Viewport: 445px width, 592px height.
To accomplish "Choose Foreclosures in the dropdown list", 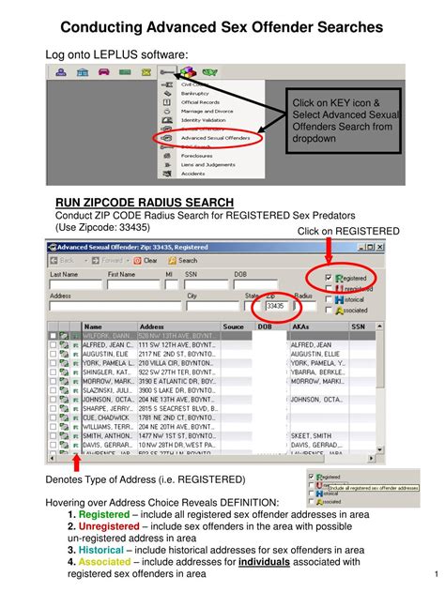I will [x=198, y=155].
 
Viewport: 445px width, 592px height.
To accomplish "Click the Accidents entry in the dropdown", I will [x=194, y=174].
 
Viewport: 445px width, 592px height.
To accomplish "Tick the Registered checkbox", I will [x=328, y=279].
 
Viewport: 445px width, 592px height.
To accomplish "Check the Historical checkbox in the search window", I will [x=328, y=298].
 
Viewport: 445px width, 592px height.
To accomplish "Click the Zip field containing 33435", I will [x=275, y=306].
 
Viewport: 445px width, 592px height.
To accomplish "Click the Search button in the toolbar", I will [x=182, y=260].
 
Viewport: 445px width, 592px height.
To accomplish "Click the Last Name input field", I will [x=74, y=284].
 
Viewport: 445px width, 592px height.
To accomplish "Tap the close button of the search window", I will [x=380, y=247].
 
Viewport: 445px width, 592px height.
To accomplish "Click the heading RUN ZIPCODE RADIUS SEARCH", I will [x=145, y=203].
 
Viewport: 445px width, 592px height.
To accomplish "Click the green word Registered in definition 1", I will [x=107, y=515].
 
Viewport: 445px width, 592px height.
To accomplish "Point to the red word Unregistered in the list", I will [x=113, y=527].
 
